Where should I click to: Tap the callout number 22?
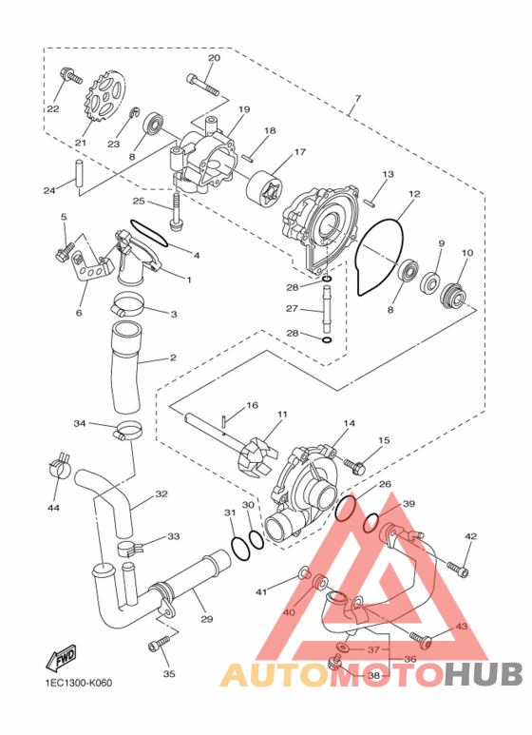click(53, 109)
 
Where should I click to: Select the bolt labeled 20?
click(202, 85)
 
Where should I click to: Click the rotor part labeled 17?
click(265, 192)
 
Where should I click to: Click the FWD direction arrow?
click(61, 657)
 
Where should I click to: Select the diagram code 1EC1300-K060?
click(76, 683)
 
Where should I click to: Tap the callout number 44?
click(53, 508)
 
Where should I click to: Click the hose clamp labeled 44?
click(60, 465)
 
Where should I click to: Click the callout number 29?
click(206, 619)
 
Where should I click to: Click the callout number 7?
click(358, 99)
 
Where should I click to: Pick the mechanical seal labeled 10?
click(455, 297)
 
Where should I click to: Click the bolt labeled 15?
click(354, 466)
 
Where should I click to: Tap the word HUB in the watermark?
click(484, 674)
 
